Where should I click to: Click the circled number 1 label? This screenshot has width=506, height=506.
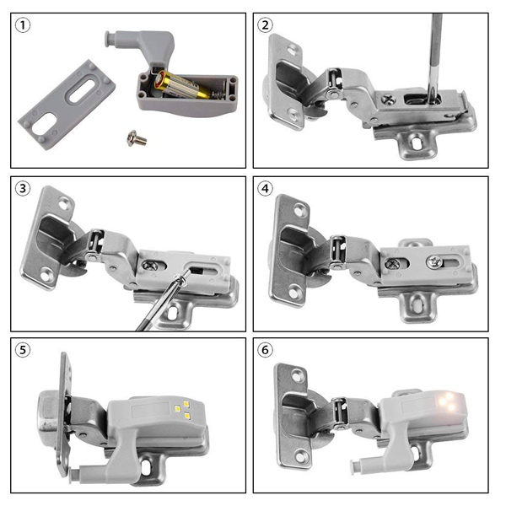coord(23,25)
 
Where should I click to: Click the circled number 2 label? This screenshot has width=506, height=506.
coord(266,25)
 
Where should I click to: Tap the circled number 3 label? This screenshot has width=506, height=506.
coord(23,188)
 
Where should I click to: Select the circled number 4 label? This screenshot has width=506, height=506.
coord(266,188)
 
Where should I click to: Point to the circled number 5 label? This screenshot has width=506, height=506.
coord(23,350)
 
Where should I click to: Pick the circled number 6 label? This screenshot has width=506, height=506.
coord(266,350)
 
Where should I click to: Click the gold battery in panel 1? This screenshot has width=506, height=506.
coord(181,85)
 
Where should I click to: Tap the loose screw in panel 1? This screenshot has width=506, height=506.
coord(137,138)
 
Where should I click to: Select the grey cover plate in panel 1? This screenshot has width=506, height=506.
coord(67,105)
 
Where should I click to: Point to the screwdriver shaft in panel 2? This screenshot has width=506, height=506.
coord(435,57)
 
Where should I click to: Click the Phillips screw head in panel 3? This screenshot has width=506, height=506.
coord(149,266)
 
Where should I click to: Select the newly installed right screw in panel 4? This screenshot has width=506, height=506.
coord(434,261)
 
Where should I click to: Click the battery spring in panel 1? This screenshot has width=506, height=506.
coord(218,94)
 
